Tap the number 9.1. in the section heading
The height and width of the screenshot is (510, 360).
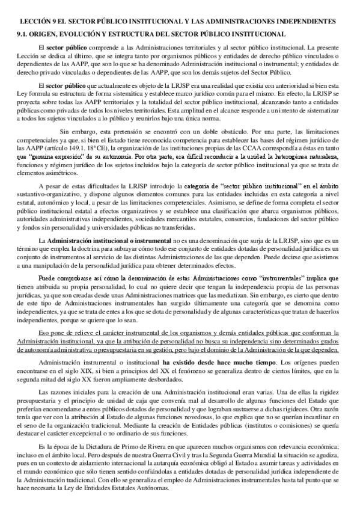coord(24,34)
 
